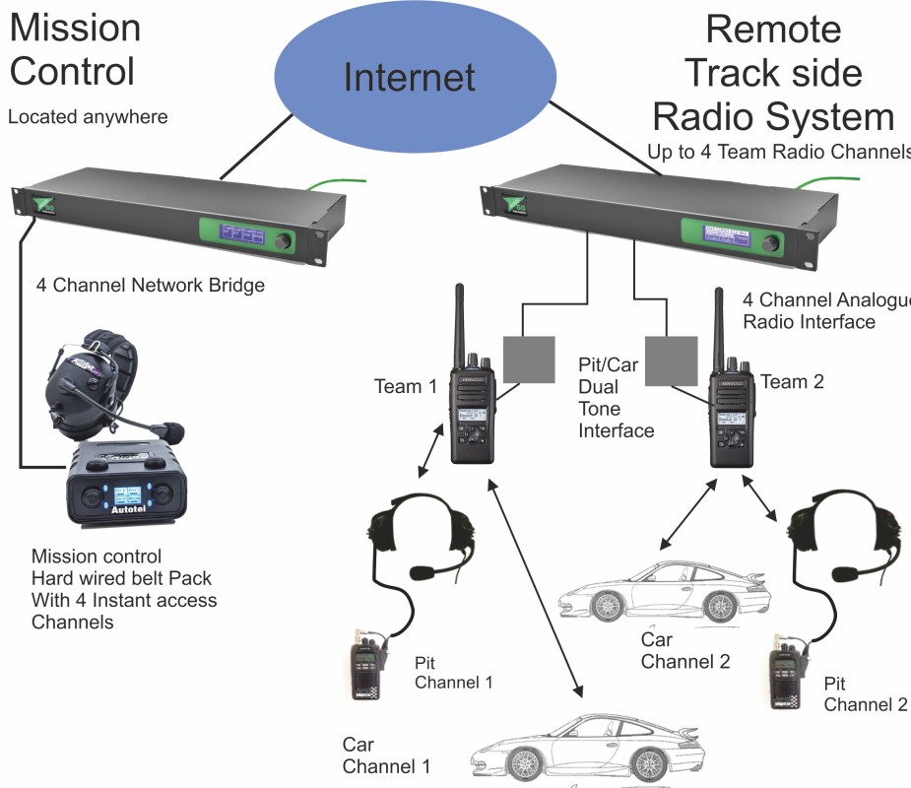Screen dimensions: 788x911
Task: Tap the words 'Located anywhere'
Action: tap(88, 117)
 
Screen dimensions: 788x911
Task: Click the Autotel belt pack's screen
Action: tap(129, 497)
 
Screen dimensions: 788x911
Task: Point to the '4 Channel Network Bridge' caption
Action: tap(151, 287)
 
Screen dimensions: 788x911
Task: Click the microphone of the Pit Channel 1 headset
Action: tap(422, 571)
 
